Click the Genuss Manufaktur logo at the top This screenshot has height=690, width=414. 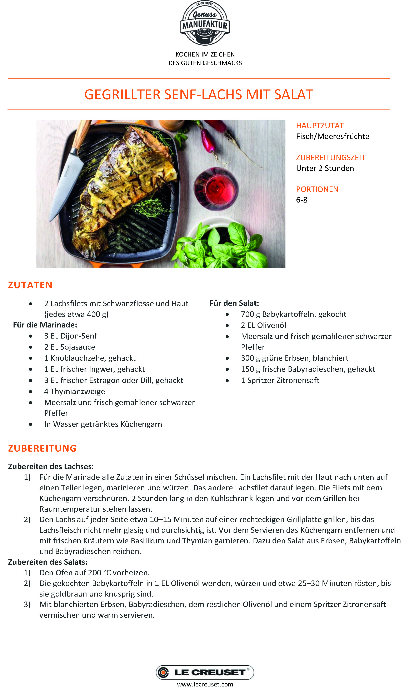point(205,23)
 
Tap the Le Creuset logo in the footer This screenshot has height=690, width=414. point(205,672)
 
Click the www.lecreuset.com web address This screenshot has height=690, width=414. point(205,684)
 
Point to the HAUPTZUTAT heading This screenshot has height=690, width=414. point(320,126)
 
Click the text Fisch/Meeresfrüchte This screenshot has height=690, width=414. point(333,136)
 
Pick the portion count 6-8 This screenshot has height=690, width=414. point(301,200)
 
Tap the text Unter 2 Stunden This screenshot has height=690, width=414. point(325,168)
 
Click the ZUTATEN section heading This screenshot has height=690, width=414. point(30,285)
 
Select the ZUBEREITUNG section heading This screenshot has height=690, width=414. point(42,448)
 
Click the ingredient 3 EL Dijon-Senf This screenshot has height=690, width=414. point(71,336)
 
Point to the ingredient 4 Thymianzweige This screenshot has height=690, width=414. point(74,391)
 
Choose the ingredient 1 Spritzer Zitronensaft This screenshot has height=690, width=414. point(280,380)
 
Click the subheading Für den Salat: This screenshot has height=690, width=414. point(234,303)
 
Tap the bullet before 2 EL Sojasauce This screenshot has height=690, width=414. point(30,347)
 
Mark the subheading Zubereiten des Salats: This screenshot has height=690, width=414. point(48,562)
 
